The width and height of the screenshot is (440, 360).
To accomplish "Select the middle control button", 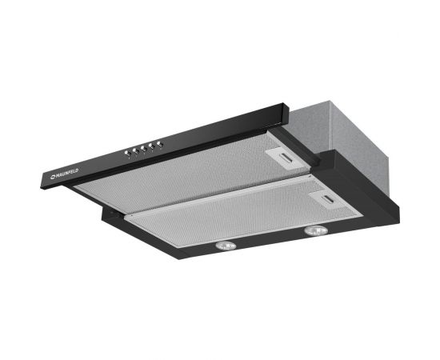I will [142, 148].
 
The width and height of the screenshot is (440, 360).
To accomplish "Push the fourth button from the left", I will [151, 146].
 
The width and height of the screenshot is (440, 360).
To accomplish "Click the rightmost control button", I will [160, 144].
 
